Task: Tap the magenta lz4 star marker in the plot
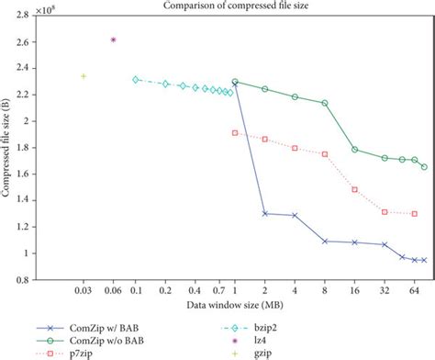pyautogui.click(x=113, y=39)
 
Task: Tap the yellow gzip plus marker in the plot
pyautogui.click(x=84, y=76)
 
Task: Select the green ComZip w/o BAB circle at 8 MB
pyautogui.click(x=325, y=103)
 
